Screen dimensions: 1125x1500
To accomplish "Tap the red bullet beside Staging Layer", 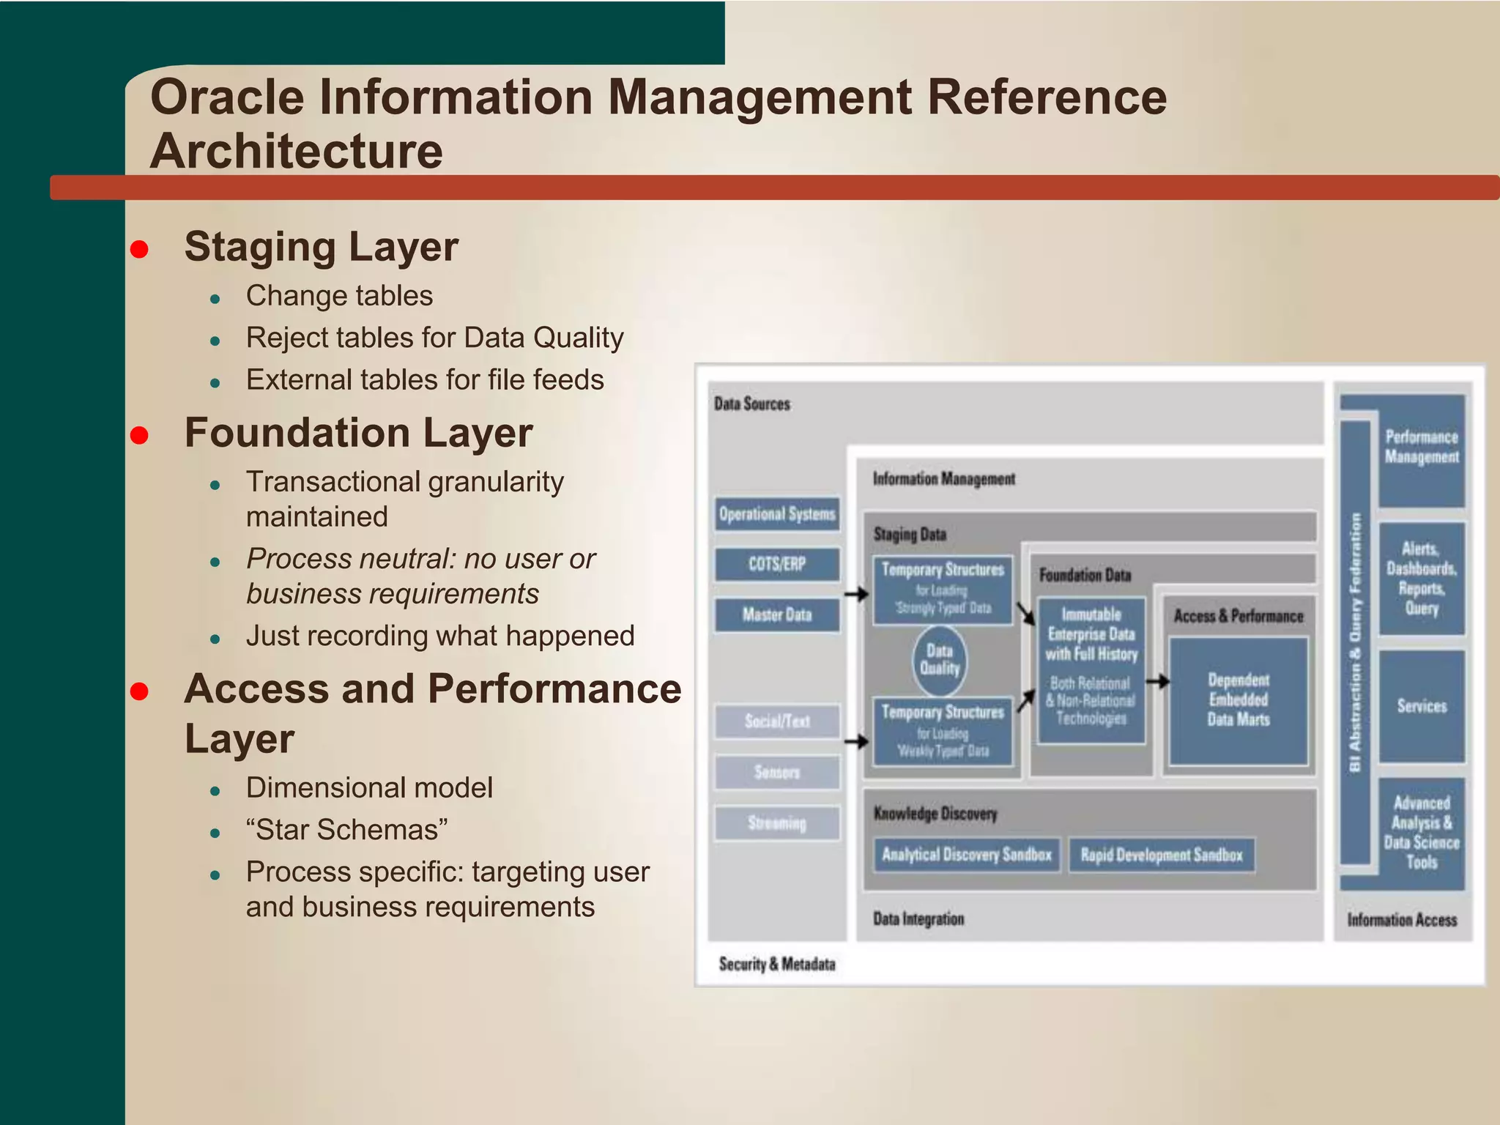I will tap(139, 250).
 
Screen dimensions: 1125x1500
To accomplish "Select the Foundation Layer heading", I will tap(358, 433).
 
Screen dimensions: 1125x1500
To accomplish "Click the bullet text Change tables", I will tap(339, 296).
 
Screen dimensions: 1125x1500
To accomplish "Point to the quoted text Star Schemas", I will tap(347, 830).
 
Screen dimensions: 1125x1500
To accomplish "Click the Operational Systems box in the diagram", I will tap(776, 514).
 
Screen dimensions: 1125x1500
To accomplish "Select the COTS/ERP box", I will tap(776, 564).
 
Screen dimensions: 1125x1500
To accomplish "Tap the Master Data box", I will tap(776, 615).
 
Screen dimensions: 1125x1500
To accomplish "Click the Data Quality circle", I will tap(940, 660).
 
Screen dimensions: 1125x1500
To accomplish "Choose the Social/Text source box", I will tap(776, 721).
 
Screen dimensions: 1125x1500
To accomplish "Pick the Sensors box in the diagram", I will tap(776, 772).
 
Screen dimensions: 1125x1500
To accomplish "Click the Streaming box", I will tap(776, 823).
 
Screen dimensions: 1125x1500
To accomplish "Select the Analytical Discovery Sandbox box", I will tap(966, 855).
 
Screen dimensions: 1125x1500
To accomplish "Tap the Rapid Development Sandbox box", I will tap(1162, 855).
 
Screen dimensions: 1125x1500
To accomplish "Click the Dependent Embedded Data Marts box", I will tap(1238, 700).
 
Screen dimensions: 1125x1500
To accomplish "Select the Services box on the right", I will tap(1422, 706).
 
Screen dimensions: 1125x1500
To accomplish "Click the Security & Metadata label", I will tap(776, 964).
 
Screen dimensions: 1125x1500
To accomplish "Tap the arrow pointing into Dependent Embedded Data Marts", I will tap(1157, 682).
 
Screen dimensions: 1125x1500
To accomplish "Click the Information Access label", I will tap(1402, 920).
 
